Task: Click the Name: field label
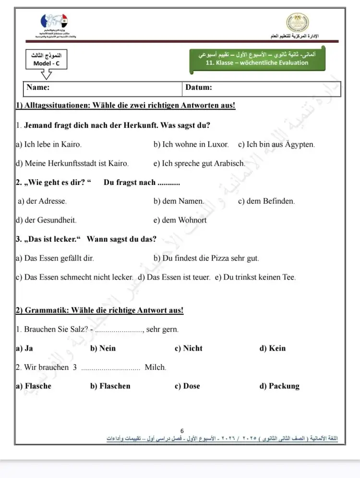[38, 87]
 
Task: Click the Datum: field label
[199, 87]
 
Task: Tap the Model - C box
[46, 60]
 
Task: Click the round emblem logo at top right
[298, 22]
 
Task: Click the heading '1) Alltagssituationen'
[125, 106]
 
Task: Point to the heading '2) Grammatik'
[99, 310]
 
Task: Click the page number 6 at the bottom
[182, 431]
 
